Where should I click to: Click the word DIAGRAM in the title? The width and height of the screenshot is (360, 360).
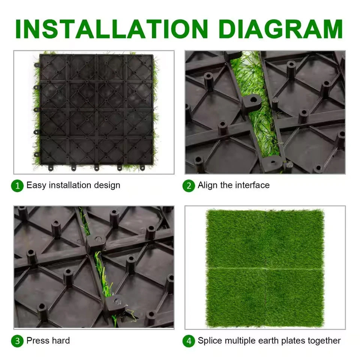pyautogui.click(x=281, y=29)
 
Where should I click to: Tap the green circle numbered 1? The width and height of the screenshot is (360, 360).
pyautogui.click(x=17, y=186)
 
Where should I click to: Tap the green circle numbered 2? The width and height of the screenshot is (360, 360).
pyautogui.click(x=189, y=186)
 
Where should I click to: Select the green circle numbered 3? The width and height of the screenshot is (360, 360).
pyautogui.click(x=17, y=341)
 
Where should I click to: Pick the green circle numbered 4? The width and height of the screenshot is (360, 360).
pyautogui.click(x=189, y=341)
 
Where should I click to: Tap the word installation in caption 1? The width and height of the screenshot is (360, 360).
pyautogui.click(x=70, y=185)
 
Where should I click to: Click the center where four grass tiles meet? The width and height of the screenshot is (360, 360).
pyautogui.click(x=265, y=268)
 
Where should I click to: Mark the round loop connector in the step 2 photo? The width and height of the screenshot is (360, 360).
pyautogui.click(x=253, y=102)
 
